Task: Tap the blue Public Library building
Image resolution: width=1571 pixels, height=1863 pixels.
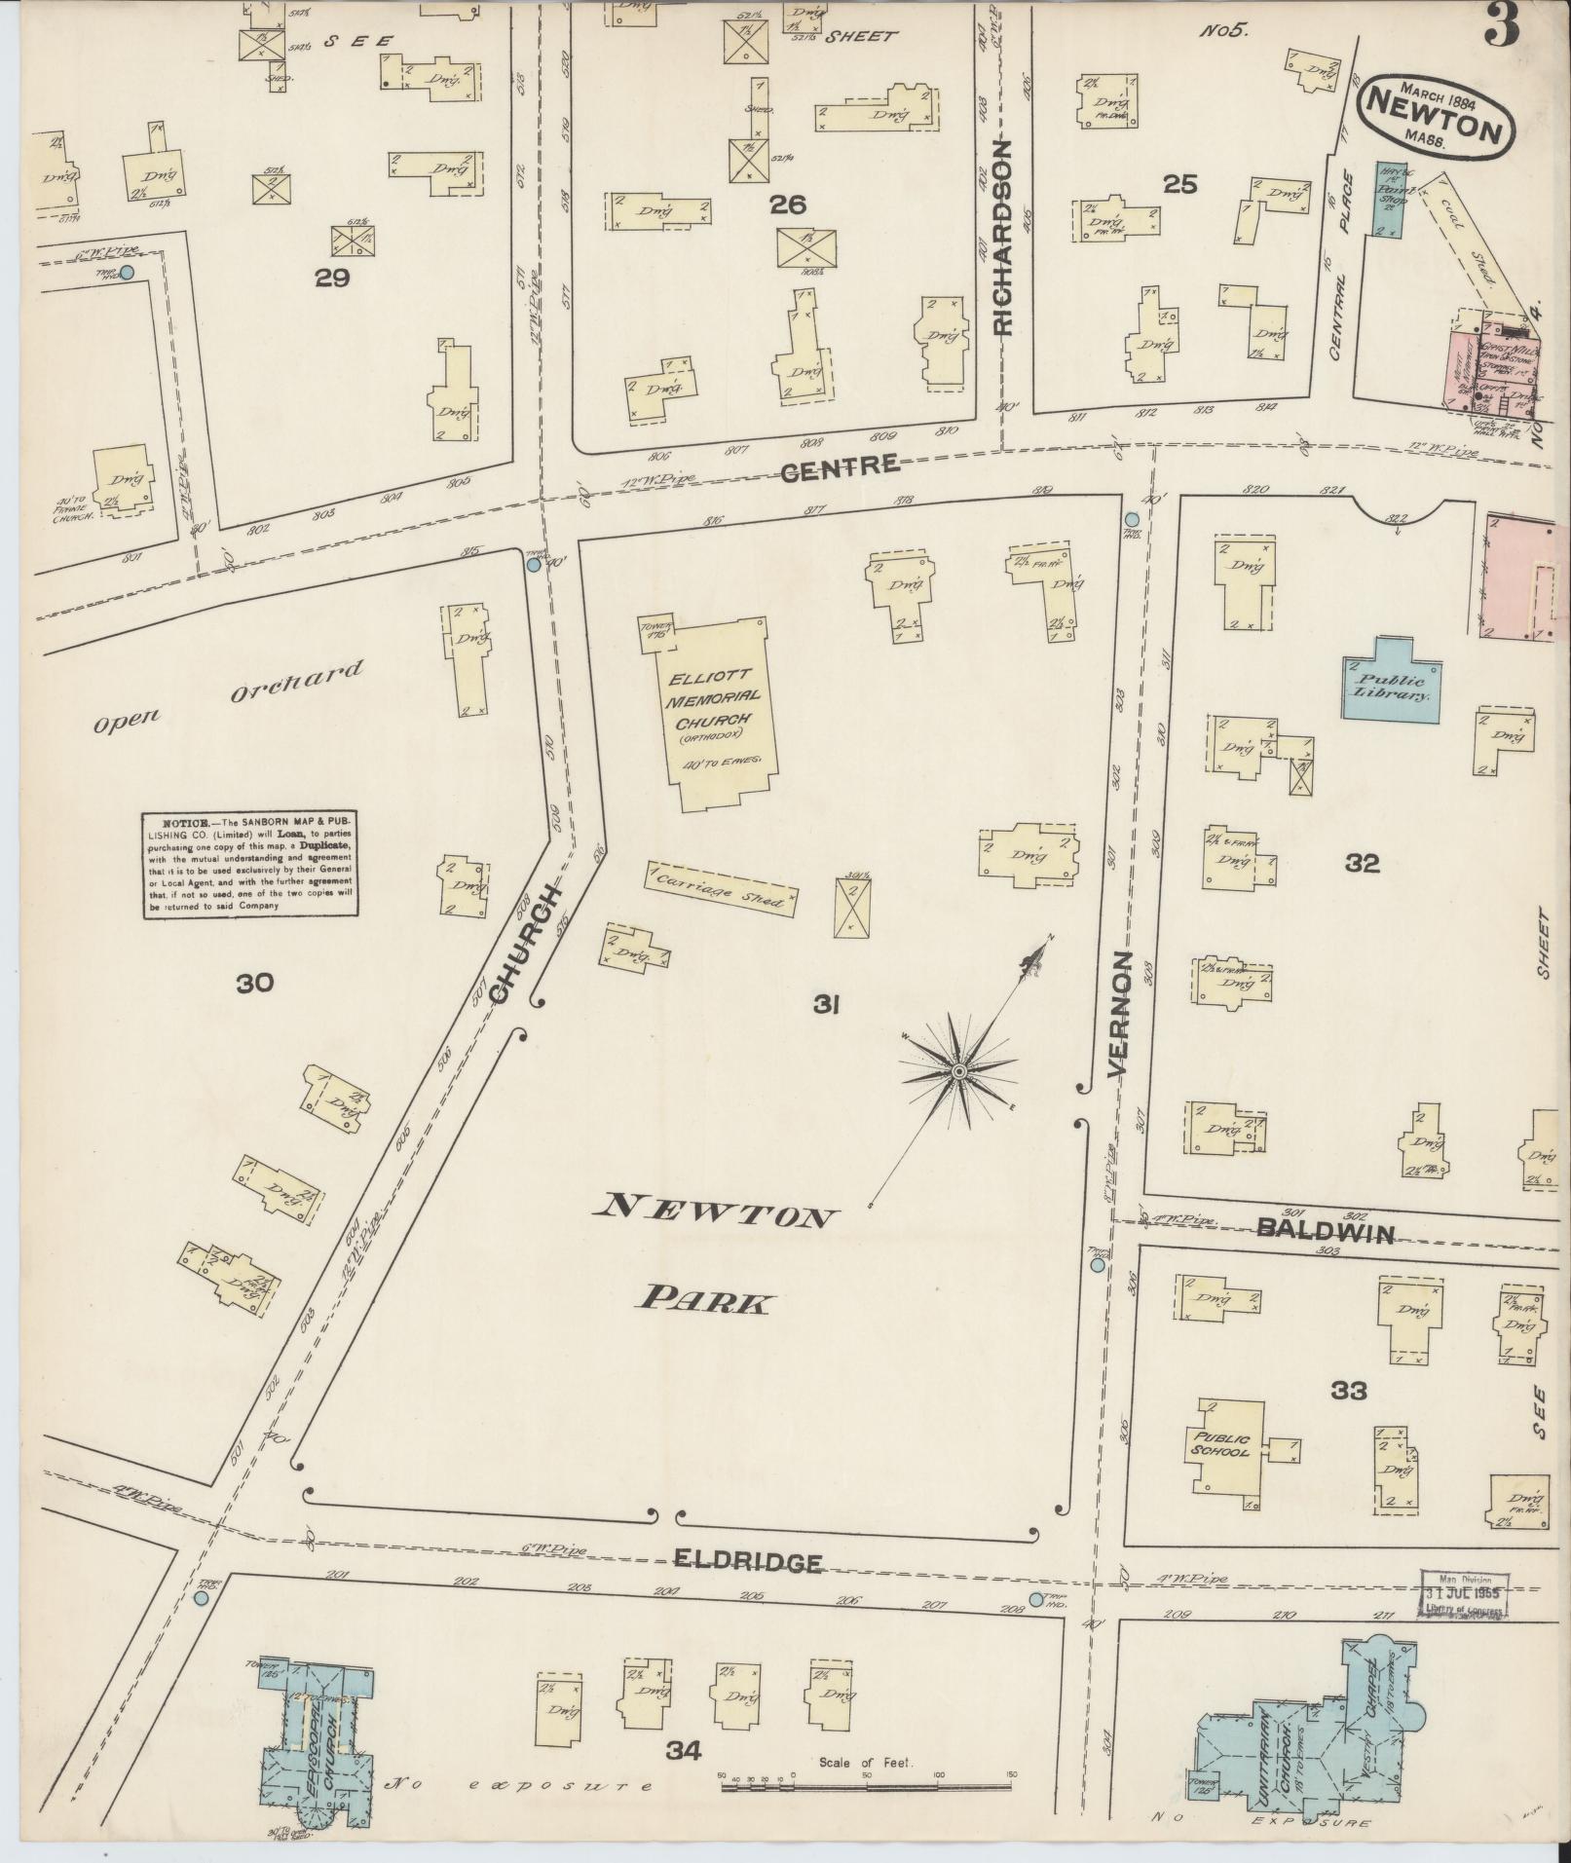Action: pyautogui.click(x=1390, y=682)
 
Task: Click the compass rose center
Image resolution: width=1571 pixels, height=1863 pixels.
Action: pyautogui.click(x=959, y=1071)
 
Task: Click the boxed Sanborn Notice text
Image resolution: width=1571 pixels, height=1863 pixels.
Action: pyautogui.click(x=250, y=863)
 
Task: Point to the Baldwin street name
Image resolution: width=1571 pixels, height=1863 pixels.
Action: pyautogui.click(x=1325, y=1231)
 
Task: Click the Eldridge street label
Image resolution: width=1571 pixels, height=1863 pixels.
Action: pyautogui.click(x=749, y=1563)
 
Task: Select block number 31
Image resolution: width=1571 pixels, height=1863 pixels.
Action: pyautogui.click(x=830, y=1004)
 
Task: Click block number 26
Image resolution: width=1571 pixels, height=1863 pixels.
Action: pyautogui.click(x=787, y=204)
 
